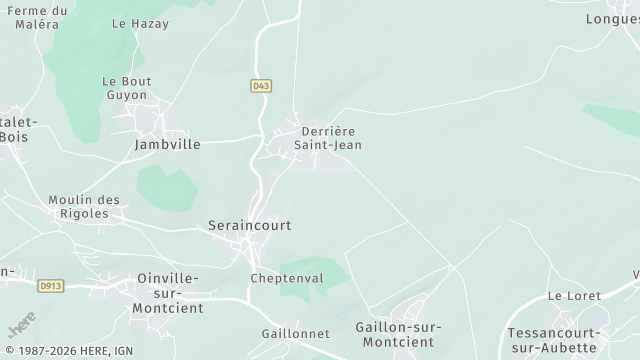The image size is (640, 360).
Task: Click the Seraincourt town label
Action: [250, 226]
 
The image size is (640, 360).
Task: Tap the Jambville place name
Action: [167, 144]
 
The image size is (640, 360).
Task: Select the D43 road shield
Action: [261, 87]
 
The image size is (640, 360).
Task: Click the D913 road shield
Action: [51, 286]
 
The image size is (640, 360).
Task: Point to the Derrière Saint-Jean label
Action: [328, 138]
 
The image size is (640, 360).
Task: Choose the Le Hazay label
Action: [140, 23]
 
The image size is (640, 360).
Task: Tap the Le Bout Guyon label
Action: [125, 88]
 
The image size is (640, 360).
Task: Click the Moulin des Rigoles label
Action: [84, 207]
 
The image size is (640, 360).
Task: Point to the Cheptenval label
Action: [287, 278]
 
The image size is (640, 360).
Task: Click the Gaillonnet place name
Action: [289, 333]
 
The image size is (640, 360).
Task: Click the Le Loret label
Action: [574, 296]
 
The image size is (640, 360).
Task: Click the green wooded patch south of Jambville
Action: [165, 188]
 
